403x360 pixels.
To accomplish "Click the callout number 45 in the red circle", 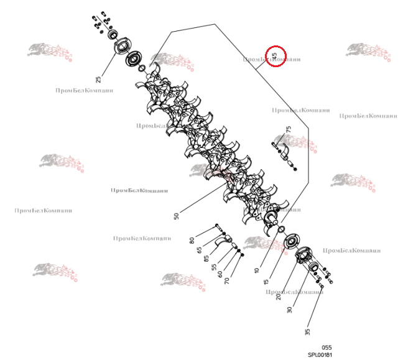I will pos(275,56).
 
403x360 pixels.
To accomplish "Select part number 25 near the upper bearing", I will pos(98,79).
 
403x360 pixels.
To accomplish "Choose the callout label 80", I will pos(192,240).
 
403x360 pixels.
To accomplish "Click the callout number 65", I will pos(199,250).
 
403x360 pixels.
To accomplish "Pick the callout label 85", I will pos(206,258).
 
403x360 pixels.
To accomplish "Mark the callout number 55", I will pos(213,267).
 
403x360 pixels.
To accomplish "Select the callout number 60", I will pos(220,274).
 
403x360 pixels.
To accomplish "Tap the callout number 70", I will pos(227,280).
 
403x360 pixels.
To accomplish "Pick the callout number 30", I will pos(290,309).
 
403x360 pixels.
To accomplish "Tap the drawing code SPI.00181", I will pos(320,355).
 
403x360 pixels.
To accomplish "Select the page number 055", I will pos(327,348).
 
